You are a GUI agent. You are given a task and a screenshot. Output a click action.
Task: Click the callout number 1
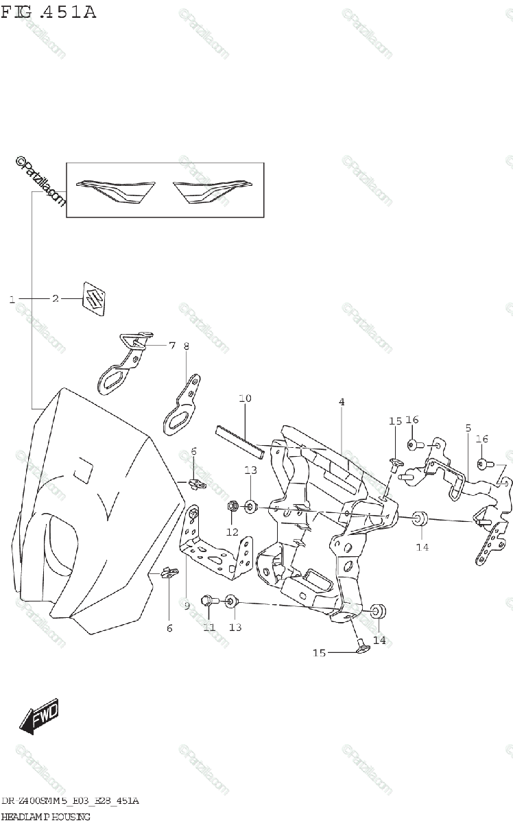[x=12, y=299]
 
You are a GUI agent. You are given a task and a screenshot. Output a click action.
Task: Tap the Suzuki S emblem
[x=95, y=298]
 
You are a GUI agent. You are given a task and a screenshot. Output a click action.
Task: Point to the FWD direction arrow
[x=39, y=717]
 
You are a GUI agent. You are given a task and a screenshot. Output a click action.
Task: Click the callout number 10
[x=245, y=398]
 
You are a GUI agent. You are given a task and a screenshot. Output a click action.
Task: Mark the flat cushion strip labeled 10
[x=238, y=440]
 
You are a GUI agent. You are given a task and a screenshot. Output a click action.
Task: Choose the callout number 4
[x=341, y=402]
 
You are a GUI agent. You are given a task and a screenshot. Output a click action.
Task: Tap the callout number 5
[x=468, y=428]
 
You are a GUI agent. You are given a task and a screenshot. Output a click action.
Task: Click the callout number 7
[x=171, y=346]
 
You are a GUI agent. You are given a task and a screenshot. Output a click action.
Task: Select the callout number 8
[x=186, y=346]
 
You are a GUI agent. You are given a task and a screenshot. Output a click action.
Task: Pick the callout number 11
[x=209, y=627]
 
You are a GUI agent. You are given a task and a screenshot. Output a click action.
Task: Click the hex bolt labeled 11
[x=207, y=601]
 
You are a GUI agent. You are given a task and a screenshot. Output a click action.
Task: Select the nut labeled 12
[x=232, y=507]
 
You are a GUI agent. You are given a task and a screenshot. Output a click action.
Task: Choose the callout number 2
[x=56, y=299]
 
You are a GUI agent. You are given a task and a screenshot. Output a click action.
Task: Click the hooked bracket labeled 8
[x=182, y=409]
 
